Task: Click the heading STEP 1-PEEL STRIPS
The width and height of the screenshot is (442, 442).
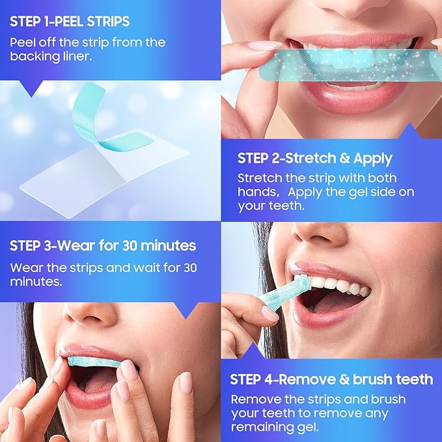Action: [70, 21]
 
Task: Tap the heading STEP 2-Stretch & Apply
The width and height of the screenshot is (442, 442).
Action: [314, 158]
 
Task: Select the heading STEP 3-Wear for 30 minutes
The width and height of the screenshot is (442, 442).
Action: [103, 246]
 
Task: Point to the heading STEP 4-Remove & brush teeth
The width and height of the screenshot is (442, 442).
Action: [331, 380]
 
